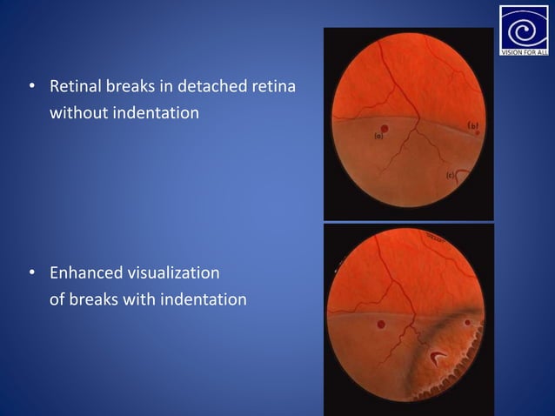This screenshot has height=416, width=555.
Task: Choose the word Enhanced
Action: coord(85,273)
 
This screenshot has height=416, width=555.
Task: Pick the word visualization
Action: coord(172,273)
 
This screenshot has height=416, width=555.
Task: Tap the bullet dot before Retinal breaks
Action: coord(31,88)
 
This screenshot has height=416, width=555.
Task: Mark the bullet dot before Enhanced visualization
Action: coord(31,274)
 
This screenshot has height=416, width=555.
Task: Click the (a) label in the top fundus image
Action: coord(379,138)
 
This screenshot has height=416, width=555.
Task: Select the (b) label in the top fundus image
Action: coord(474,126)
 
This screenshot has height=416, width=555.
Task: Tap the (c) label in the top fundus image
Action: coord(452,177)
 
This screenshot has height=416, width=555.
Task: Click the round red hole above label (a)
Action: coord(384,129)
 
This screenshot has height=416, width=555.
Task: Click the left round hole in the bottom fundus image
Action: coord(381,325)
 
